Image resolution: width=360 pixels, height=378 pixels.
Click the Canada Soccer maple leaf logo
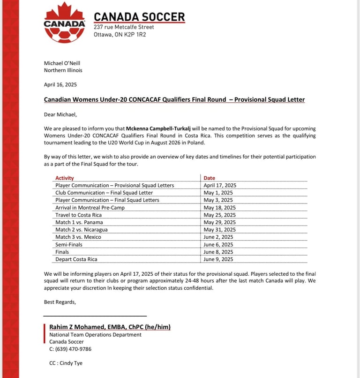pos(64,23)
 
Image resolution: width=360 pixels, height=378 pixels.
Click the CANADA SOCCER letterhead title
pos(139,17)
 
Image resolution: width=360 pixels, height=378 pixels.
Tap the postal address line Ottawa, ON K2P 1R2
pos(120,34)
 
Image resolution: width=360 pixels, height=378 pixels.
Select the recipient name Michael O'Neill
pos(63,63)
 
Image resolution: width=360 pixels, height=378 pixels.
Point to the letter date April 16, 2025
pos(60,85)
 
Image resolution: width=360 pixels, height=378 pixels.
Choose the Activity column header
pos(65,178)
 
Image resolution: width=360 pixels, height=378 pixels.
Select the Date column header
pos(210,178)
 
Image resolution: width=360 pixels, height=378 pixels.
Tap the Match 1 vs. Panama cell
pos(79,222)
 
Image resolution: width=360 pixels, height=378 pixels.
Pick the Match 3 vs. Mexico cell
pos(78,237)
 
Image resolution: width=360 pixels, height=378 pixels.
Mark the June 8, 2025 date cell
pos(218,252)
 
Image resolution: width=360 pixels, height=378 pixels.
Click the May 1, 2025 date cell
pos(218,193)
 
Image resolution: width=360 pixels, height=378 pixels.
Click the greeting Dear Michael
pos(60,113)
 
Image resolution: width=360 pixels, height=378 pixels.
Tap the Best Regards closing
pos(60,302)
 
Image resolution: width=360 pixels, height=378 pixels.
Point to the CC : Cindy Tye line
pos(66,363)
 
